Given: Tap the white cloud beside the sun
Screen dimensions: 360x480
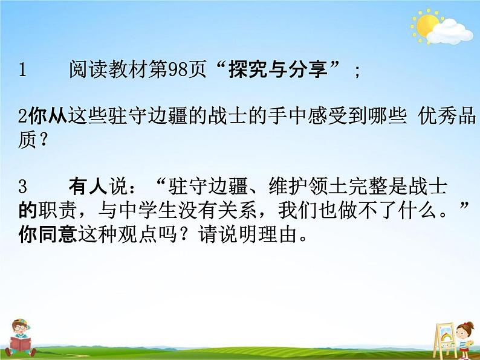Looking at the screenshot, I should pyautogui.click(x=454, y=32).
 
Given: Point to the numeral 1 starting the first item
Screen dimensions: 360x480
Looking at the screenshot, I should pyautogui.click(x=23, y=71).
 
